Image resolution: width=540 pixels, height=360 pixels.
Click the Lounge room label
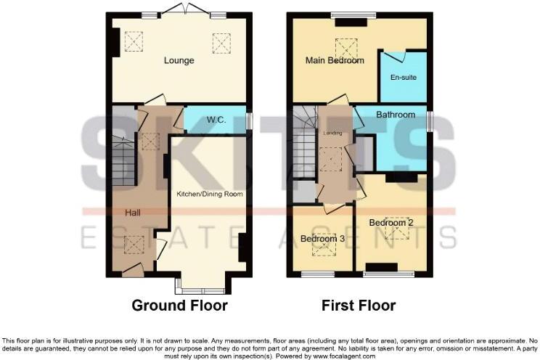click(179, 60)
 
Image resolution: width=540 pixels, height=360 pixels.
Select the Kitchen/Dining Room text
click(210, 194)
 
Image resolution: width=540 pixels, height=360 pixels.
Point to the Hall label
click(132, 213)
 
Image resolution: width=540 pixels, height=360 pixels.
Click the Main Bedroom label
click(335, 60)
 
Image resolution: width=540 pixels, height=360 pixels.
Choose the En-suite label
click(404, 77)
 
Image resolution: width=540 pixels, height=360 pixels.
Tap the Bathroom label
click(396, 115)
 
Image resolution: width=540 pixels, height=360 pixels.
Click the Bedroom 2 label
click(390, 222)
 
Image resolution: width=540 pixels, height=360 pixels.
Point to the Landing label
click(333, 133)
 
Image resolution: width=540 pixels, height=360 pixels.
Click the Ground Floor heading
click(179, 306)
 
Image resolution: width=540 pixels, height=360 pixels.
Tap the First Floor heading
click(359, 306)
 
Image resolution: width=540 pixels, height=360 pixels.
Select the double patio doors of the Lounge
click(187, 10)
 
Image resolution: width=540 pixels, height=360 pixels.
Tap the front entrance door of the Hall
click(132, 271)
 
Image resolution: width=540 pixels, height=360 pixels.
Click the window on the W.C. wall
click(250, 120)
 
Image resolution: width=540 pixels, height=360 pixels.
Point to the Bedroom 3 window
click(317, 274)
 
